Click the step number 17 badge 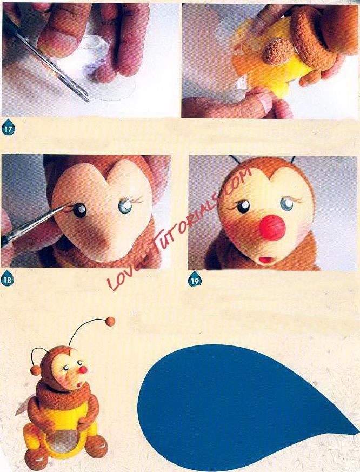click(x=8, y=129)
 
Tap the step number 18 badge click(x=7, y=280)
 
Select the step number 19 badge click(x=195, y=280)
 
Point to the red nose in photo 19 click(x=272, y=228)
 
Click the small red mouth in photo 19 click(x=265, y=260)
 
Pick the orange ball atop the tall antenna click(x=111, y=322)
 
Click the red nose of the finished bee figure click(x=84, y=369)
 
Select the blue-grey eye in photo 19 click(x=287, y=204)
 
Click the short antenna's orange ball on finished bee click(x=37, y=370)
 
